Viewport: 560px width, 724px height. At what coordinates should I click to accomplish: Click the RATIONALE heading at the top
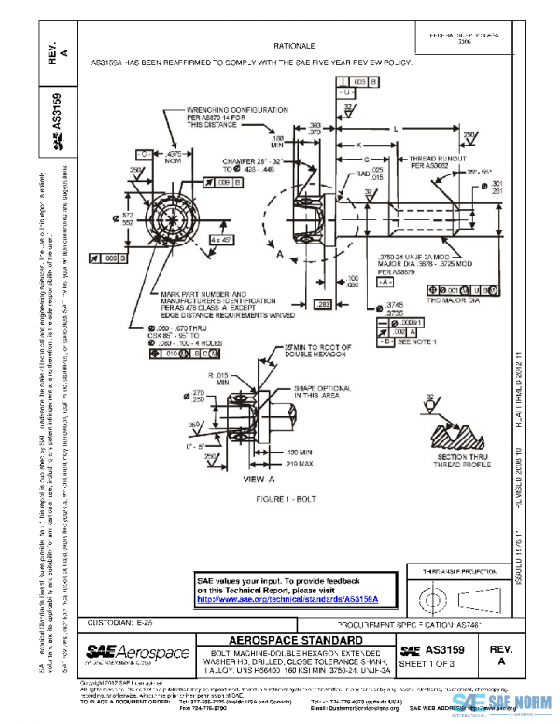(295, 45)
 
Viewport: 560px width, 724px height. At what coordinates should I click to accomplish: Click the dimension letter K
(359, 144)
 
